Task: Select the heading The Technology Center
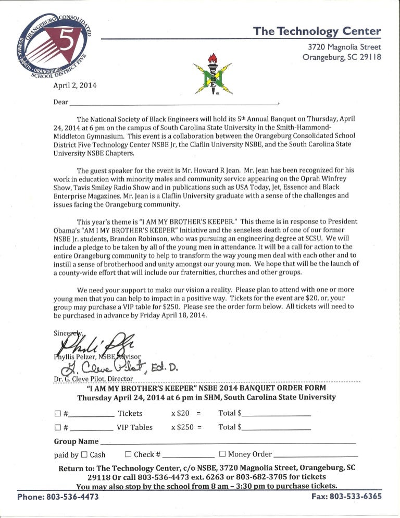click(x=317, y=31)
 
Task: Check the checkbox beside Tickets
click(x=57, y=414)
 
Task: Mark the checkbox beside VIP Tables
click(x=57, y=428)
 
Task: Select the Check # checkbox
click(x=129, y=454)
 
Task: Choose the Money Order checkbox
click(x=223, y=454)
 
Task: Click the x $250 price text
click(x=186, y=427)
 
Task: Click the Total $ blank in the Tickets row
click(x=276, y=414)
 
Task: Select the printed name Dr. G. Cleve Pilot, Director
click(x=94, y=379)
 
